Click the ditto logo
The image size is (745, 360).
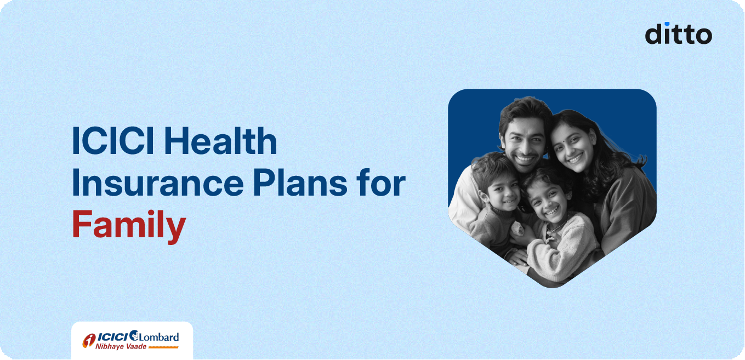[678, 33]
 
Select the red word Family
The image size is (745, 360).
[129, 226]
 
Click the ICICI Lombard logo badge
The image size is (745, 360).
[132, 340]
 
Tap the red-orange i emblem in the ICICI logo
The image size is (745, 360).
[89, 340]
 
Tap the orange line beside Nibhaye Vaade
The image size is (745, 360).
[163, 347]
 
